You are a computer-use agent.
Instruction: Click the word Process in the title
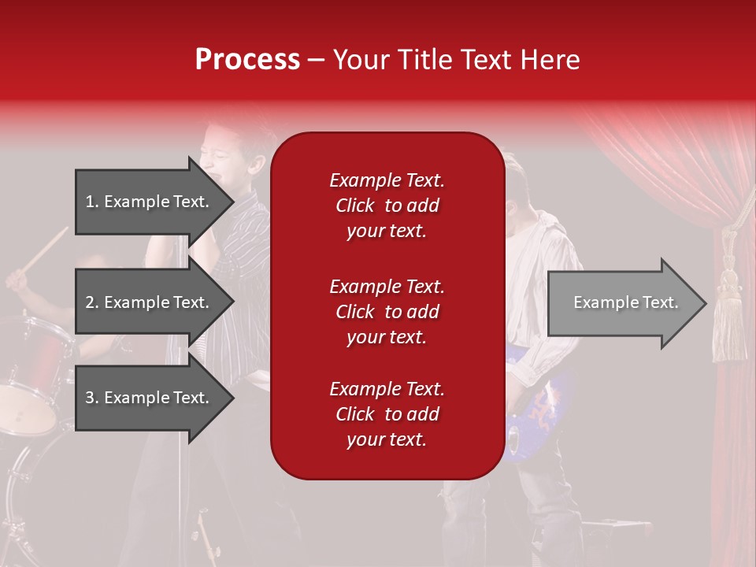coord(247,60)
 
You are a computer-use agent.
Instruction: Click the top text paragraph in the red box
coord(387,206)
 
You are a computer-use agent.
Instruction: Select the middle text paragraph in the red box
coord(387,311)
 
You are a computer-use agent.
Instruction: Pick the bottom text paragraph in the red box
coord(387,414)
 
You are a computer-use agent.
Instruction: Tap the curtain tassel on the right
coord(728,315)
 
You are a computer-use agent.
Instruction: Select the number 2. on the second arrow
coord(92,302)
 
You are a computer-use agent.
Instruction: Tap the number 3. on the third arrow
coord(92,398)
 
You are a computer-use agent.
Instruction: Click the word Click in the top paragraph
coord(354,206)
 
